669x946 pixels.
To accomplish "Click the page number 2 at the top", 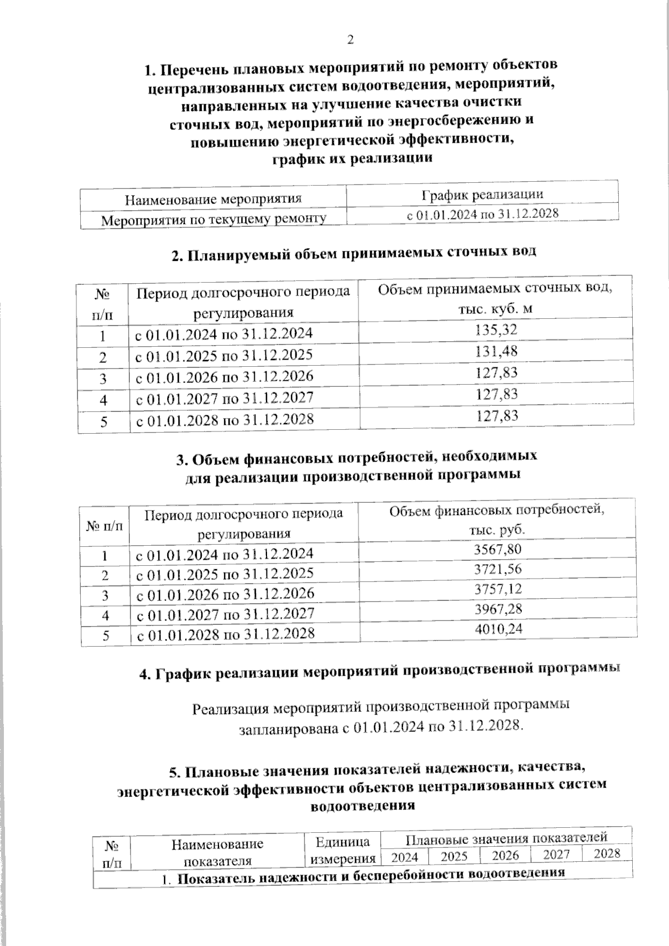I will (350, 40).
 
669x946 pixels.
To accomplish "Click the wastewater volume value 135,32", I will (496, 330).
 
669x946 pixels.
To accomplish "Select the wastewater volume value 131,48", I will (496, 351).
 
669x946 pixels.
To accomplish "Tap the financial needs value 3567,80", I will (497, 549).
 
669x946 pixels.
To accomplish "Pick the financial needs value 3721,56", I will (497, 569).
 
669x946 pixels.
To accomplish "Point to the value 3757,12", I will (497, 589).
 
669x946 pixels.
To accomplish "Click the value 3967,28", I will (497, 609).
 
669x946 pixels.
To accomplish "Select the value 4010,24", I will (497, 629).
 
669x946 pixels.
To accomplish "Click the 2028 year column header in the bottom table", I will (607, 853).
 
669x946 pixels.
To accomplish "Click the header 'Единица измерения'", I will (342, 850).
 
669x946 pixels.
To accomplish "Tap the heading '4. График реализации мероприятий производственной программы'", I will (379, 671).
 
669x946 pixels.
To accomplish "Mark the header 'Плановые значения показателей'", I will (506, 838).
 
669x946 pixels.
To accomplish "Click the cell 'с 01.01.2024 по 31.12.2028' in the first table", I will (482, 215).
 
